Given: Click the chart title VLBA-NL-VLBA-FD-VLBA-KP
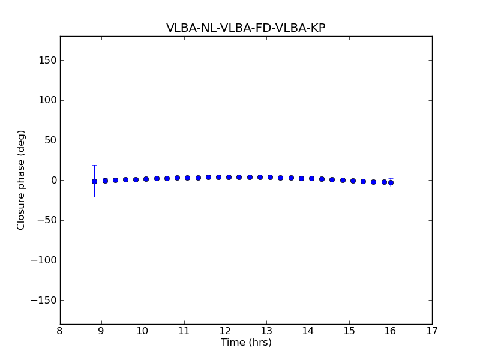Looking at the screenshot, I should [x=245, y=28].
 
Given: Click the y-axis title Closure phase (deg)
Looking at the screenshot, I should [x=22, y=180].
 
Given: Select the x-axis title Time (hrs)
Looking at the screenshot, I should [x=246, y=343].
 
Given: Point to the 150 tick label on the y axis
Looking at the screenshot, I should [x=47, y=60].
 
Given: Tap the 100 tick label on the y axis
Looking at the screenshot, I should [x=47, y=100].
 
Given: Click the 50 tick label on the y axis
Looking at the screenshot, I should [x=49, y=140].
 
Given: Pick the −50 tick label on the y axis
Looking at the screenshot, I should [x=47, y=220].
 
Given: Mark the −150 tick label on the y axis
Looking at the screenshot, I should [x=44, y=300].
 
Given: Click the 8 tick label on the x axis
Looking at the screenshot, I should [x=60, y=331].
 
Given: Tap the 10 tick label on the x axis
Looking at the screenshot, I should [x=143, y=331].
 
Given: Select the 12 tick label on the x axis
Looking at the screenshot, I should [x=225, y=331].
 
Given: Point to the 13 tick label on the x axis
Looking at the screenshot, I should [x=266, y=331].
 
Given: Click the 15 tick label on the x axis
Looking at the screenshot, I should [x=349, y=331].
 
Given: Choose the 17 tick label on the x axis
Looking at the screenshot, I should [x=432, y=331].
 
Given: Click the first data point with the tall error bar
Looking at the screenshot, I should [x=94, y=181].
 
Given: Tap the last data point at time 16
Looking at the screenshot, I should [x=391, y=182].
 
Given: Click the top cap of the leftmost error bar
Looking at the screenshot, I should [x=94, y=165].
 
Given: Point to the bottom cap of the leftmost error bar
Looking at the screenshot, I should [x=94, y=197].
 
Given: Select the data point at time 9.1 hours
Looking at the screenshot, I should [x=105, y=181].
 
